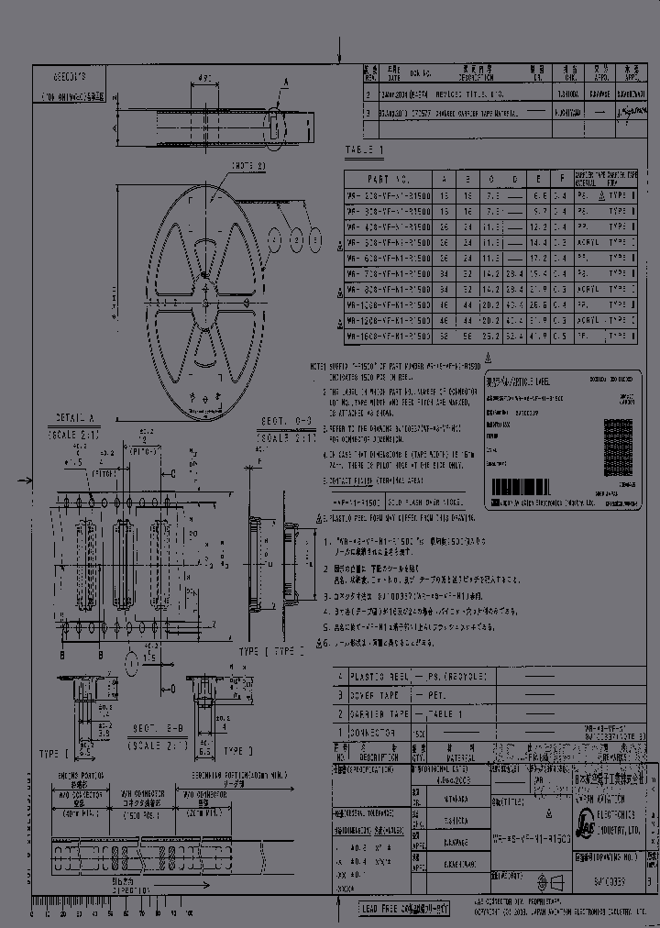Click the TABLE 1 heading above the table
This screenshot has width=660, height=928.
pyautogui.click(x=365, y=149)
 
